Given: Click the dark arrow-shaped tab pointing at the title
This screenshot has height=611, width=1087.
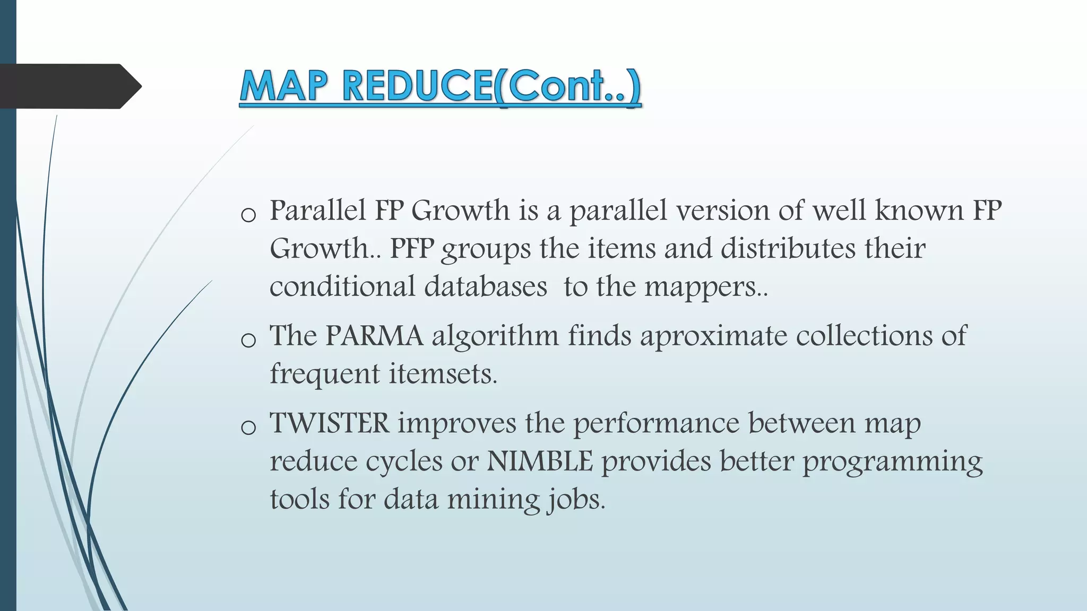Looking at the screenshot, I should click(69, 86).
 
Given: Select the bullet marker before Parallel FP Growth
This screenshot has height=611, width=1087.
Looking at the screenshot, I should click(248, 215).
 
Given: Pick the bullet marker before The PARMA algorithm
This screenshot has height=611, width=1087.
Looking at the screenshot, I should click(248, 340).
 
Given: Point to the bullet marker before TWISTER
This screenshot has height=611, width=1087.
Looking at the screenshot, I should click(248, 427).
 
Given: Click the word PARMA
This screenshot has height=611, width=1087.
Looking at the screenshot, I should click(374, 336).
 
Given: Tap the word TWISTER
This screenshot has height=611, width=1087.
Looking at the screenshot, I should click(330, 423).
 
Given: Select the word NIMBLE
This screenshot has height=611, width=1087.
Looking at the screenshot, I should click(539, 461).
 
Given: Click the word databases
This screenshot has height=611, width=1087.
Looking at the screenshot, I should click(485, 287).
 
